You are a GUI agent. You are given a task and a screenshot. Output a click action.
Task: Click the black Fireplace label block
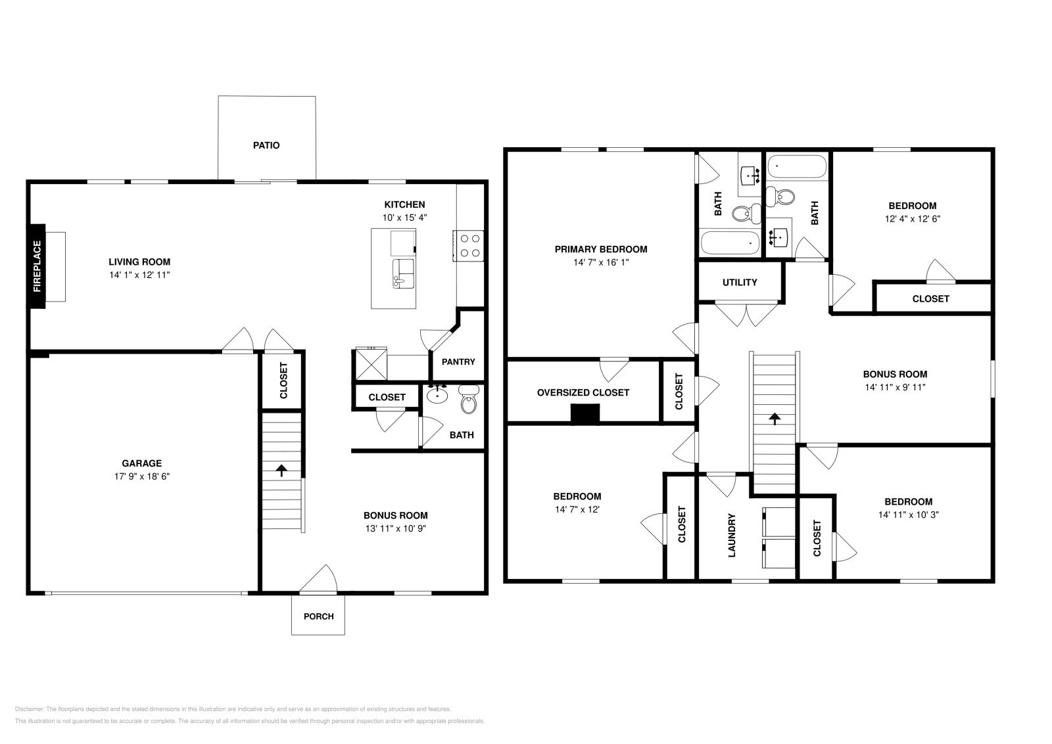coord(37,266)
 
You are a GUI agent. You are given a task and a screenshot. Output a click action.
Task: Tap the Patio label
coord(266,145)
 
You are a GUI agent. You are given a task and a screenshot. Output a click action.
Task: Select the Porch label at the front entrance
coord(318,616)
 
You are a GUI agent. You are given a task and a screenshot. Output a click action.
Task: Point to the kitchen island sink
coord(403,273)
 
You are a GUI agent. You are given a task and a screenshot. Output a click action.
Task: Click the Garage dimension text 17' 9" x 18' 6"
coord(141,477)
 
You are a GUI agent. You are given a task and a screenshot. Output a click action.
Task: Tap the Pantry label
coord(458,361)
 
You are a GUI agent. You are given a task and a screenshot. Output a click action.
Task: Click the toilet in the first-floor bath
coord(468,400)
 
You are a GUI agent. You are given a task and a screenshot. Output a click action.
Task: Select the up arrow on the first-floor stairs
coord(282,471)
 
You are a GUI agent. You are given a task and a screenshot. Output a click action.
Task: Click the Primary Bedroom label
coord(600,249)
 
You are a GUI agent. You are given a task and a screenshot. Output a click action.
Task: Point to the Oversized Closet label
coord(583,392)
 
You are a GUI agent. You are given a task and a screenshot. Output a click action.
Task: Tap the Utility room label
coord(740,282)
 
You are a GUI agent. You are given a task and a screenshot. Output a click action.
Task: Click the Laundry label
coord(732,536)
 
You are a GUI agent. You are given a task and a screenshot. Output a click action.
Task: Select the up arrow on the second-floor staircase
coord(775,418)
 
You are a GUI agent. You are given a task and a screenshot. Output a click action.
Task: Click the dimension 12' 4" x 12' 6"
coord(912,219)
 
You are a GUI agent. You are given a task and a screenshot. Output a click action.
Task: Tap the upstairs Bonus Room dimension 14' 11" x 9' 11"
coord(895,387)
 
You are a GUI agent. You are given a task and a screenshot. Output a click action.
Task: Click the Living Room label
coord(139,262)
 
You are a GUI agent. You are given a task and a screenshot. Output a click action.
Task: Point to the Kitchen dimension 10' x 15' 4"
coord(404,218)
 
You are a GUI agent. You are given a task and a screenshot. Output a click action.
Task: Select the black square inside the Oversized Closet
coord(585,413)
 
